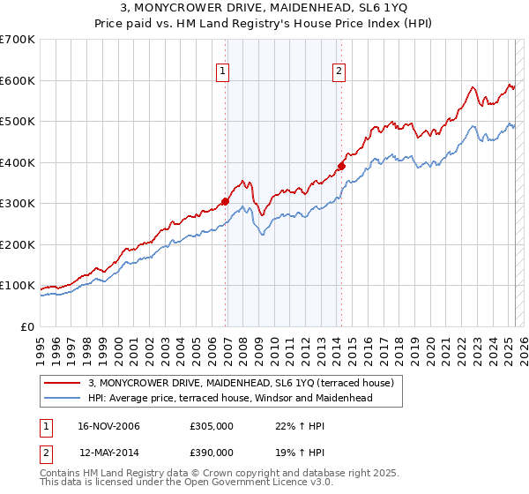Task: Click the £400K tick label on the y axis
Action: [18, 162]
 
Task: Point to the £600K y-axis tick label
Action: [18, 80]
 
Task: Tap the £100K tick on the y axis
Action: [18, 286]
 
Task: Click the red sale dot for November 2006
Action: [226, 201]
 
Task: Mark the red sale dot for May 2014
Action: [342, 166]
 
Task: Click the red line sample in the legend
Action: [62, 383]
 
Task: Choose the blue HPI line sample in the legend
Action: [62, 398]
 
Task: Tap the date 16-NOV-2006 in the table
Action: [109, 427]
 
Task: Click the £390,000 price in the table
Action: [211, 452]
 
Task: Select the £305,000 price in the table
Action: [211, 427]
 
